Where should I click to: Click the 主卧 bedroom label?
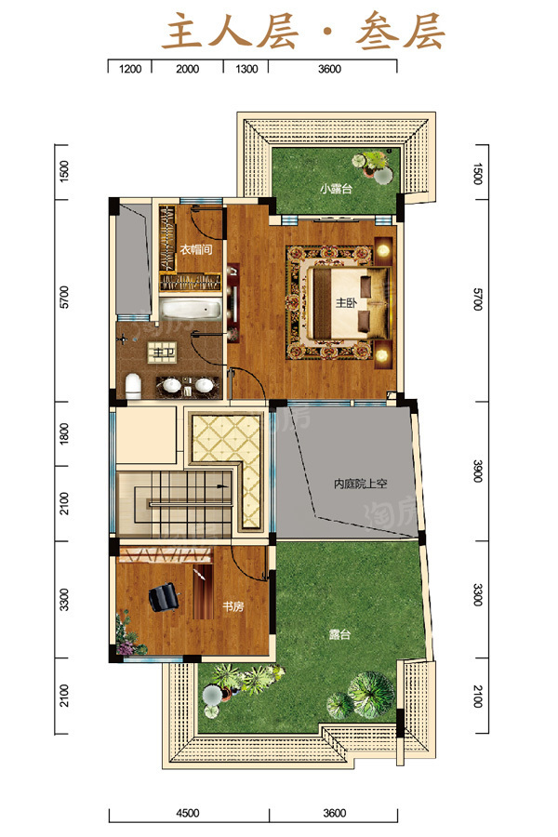click(x=346, y=302)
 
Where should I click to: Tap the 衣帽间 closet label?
click(x=196, y=249)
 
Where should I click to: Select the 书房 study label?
click(x=232, y=606)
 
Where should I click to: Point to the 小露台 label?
click(x=336, y=189)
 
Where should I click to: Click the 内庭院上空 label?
click(x=361, y=484)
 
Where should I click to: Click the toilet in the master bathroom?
click(x=133, y=386)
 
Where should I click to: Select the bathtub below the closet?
click(x=191, y=310)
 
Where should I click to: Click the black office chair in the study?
click(x=164, y=596)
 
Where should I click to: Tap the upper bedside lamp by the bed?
click(x=382, y=250)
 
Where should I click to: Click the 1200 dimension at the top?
click(x=130, y=69)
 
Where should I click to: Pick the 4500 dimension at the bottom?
click(x=188, y=813)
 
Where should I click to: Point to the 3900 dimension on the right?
click(x=478, y=472)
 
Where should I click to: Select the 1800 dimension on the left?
click(x=64, y=433)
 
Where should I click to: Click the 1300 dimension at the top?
click(x=246, y=69)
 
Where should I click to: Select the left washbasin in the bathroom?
click(x=172, y=385)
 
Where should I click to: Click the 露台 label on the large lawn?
click(x=339, y=634)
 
